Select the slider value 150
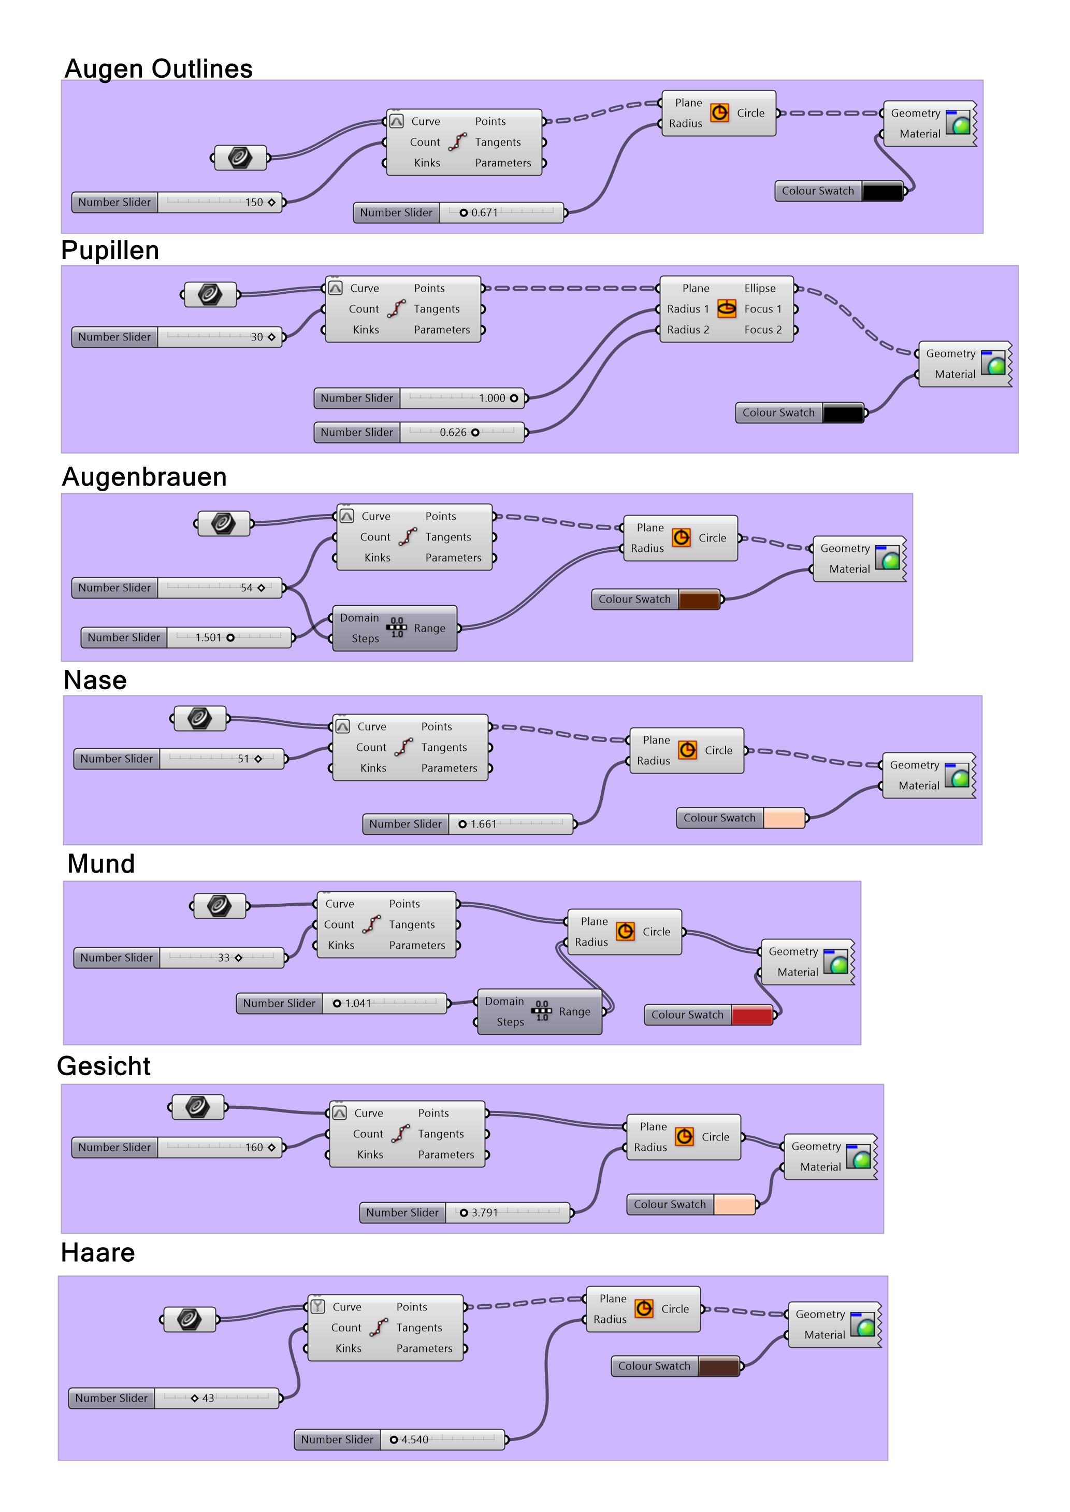254,203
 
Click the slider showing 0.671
484,213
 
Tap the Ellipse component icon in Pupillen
727,308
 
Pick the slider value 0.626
453,432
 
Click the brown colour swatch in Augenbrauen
698,599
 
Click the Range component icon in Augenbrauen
397,628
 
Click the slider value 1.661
483,824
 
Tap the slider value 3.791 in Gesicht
484,1213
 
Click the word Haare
97,1252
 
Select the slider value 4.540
414,1440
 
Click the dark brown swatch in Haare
718,1366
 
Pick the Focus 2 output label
763,330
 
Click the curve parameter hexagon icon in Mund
220,906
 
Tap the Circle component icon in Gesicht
685,1137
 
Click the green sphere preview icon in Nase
959,776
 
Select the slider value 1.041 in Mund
358,1004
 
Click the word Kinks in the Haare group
348,1349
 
